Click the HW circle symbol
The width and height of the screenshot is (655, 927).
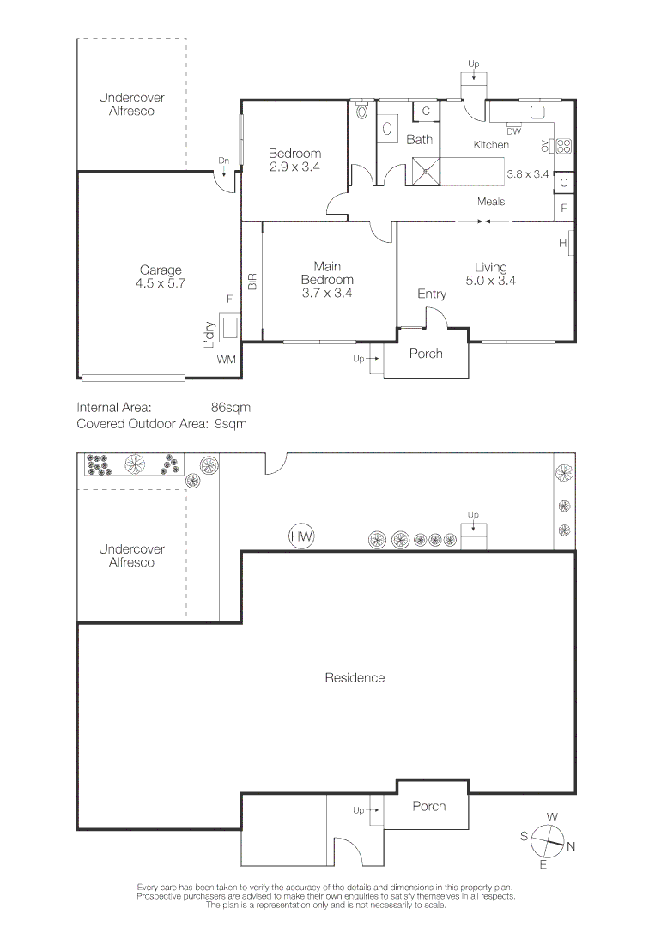(x=301, y=536)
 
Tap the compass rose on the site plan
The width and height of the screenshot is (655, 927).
(x=548, y=840)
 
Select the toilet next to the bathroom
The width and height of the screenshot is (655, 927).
(x=361, y=110)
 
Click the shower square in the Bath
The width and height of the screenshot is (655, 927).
(x=427, y=172)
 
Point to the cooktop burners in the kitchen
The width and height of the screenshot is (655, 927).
(x=563, y=146)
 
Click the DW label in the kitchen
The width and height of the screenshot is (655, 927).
(x=513, y=131)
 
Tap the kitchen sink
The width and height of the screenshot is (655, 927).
(x=537, y=112)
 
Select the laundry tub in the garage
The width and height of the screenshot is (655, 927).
(x=230, y=326)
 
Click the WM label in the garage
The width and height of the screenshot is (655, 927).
(x=227, y=359)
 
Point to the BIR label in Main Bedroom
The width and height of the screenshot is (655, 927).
(x=252, y=281)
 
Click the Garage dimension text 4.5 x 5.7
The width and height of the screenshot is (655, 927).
(x=161, y=283)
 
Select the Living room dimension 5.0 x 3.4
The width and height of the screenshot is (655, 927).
(x=491, y=280)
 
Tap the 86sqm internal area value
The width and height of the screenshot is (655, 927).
(x=231, y=408)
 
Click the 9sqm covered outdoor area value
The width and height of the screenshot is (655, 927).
(x=231, y=424)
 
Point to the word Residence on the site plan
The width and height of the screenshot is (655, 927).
(x=355, y=677)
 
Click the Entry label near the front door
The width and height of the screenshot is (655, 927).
(x=432, y=294)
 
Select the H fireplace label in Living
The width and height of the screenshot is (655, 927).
(x=563, y=243)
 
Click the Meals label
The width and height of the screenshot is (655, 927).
(x=491, y=202)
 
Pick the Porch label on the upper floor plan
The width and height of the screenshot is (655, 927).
(x=426, y=354)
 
